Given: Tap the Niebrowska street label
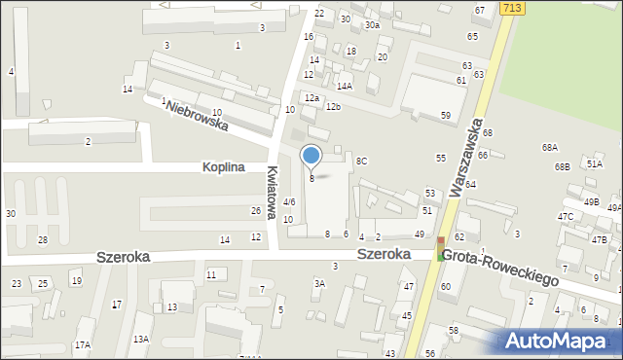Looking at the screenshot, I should [196, 116].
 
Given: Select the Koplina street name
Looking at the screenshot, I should [223, 166].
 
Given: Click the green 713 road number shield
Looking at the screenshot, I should [512, 7].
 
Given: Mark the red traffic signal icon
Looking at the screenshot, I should [441, 240].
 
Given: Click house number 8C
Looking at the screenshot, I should [361, 161].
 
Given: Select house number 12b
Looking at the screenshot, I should [334, 106].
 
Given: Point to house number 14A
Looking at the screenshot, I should [345, 86].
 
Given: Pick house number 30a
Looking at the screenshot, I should [372, 24].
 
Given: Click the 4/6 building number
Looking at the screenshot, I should [289, 201].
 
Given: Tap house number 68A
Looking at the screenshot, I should [550, 147].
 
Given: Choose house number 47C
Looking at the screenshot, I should [566, 216].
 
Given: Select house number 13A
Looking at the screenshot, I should [141, 339].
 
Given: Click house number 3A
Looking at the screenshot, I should [318, 283].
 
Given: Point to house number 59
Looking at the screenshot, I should [446, 116].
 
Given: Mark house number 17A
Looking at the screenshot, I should [83, 344].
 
